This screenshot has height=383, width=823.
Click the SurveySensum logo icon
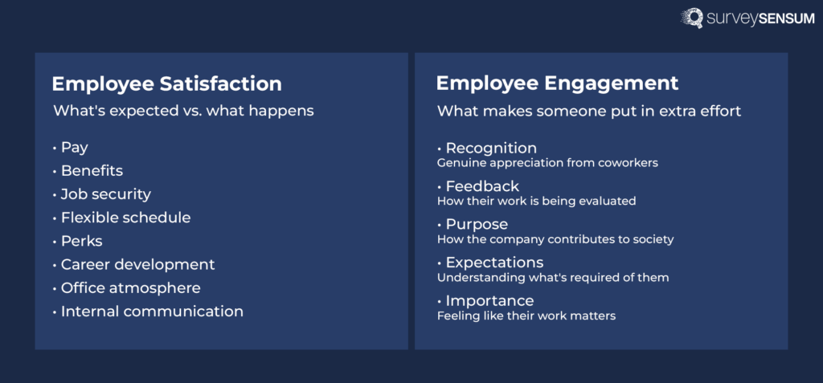pyautogui.click(x=692, y=18)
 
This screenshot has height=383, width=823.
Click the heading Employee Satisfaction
pyautogui.click(x=166, y=84)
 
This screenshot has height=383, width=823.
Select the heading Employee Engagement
pyautogui.click(x=557, y=84)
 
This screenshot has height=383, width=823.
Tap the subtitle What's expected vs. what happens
pyautogui.click(x=183, y=111)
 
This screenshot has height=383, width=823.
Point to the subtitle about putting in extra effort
pyautogui.click(x=588, y=111)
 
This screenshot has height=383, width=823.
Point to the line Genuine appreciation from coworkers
pyautogui.click(x=547, y=163)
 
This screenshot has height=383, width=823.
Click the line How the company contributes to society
pyautogui.click(x=555, y=239)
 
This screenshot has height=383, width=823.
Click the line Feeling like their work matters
pyautogui.click(x=526, y=316)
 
